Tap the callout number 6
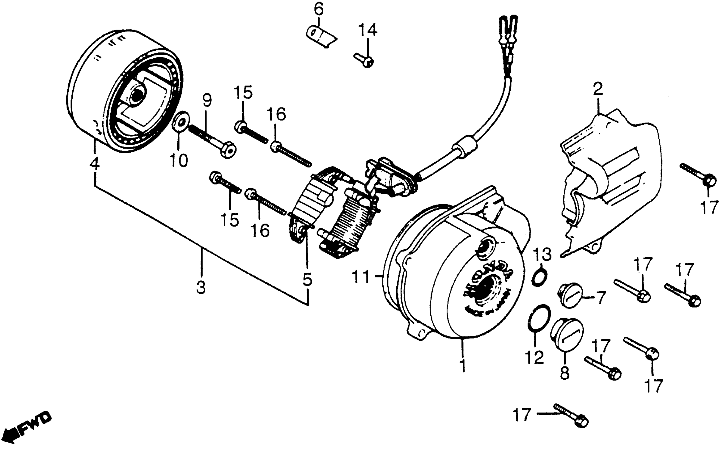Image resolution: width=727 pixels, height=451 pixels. [318, 10]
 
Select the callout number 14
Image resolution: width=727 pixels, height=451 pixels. [367, 30]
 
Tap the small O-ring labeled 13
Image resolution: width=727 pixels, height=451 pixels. [540, 277]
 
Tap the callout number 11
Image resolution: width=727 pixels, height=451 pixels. [360, 277]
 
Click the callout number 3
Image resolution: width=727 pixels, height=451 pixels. [201, 288]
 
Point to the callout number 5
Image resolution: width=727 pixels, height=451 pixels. [307, 280]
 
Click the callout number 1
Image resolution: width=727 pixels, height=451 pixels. [462, 365]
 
